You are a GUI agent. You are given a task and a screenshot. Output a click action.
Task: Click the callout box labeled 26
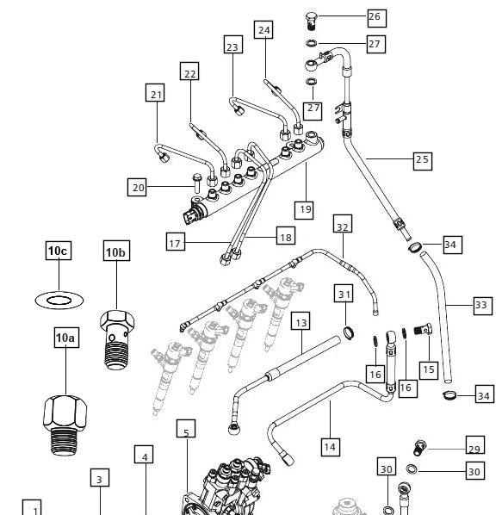click(x=376, y=18)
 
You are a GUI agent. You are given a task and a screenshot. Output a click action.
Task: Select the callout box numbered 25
click(x=423, y=161)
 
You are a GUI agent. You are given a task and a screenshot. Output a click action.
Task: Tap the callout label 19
click(x=304, y=210)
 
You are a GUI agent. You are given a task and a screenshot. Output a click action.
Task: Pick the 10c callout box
click(x=59, y=251)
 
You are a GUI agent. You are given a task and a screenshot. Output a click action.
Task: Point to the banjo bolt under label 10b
click(x=117, y=339)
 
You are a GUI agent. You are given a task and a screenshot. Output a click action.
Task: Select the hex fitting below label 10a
click(x=65, y=425)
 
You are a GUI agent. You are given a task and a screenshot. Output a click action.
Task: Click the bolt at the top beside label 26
click(x=311, y=21)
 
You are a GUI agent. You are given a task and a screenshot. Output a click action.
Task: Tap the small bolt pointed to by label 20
click(x=196, y=183)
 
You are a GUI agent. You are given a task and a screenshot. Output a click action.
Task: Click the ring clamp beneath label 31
click(x=350, y=332)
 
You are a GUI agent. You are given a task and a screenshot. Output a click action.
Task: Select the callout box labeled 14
click(x=330, y=447)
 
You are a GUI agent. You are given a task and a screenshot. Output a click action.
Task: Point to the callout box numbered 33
click(x=483, y=306)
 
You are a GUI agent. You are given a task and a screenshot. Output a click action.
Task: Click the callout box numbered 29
click(x=475, y=445)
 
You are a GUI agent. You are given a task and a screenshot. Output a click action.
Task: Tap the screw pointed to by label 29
click(x=419, y=448)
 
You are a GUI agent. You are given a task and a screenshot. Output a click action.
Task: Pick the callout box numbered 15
click(x=429, y=370)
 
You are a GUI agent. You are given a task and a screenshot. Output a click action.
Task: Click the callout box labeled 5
click(x=186, y=429)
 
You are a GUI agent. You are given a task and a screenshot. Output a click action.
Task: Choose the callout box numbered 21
click(x=155, y=93)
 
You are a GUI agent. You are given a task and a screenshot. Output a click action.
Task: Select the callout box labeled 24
click(x=263, y=30)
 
